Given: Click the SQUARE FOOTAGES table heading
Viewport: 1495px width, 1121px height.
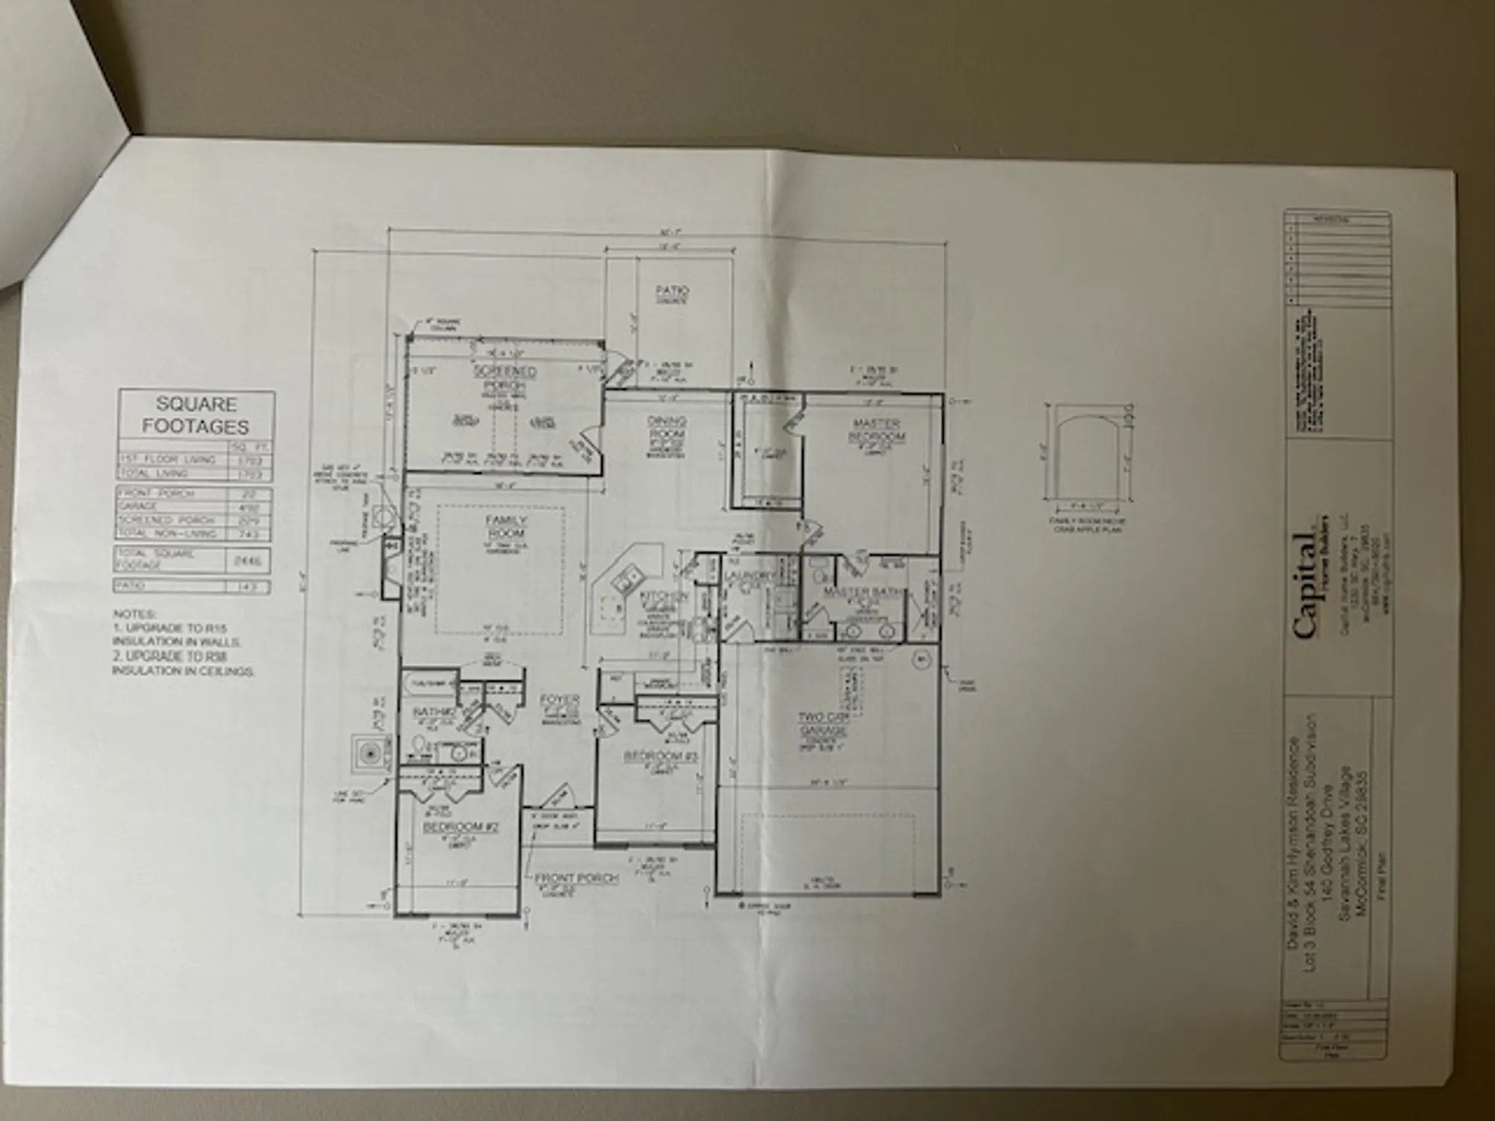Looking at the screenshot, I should coord(196,416).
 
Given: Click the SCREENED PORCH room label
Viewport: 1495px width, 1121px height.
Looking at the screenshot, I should coord(505,377).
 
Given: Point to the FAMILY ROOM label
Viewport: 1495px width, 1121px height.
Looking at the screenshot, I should coord(506,526).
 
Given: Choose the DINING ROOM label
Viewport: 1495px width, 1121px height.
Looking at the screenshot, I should coord(666,427).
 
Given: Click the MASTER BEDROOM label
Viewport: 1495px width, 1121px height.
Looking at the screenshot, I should coord(876,430).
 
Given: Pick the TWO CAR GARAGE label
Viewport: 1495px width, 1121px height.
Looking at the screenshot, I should coord(823,723).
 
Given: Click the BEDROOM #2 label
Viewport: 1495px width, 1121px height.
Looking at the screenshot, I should coord(460,827).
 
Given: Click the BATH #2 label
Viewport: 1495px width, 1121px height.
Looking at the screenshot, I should coord(434,711).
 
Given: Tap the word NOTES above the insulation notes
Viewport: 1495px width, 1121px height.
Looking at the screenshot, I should coord(135,614).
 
